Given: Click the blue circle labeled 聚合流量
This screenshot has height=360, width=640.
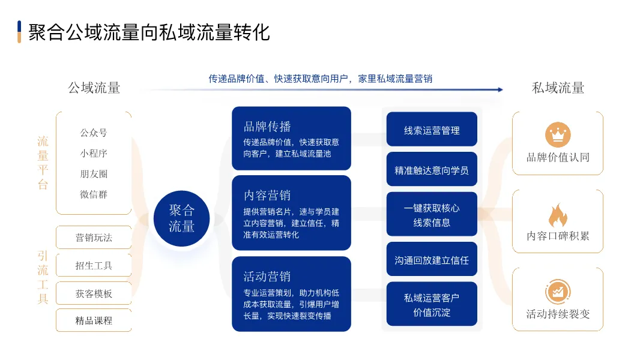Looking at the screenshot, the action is point(182,218).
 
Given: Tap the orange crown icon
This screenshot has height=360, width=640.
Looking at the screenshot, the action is point(558,134).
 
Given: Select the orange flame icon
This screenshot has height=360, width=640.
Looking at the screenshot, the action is point(558,215).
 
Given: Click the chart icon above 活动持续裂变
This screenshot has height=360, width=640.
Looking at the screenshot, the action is point(558,292).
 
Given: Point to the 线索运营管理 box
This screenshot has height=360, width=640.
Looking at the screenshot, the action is point(432,129).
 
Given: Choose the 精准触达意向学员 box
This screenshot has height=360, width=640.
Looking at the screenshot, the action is point(432,169).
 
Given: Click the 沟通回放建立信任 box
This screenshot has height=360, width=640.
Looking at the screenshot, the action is point(432,259).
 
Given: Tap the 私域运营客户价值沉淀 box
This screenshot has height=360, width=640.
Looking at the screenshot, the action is point(432,304).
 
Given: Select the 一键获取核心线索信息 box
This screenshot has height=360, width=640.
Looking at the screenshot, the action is point(432,214).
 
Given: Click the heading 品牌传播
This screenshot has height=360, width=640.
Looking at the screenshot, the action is point(267,127).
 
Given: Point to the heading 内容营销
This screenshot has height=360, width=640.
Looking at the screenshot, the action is point(267,196).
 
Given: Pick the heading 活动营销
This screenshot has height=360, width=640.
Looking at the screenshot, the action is point(267,277).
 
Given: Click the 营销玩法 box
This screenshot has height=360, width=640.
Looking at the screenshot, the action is point(94,237).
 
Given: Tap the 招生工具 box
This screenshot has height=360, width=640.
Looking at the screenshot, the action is point(94,265).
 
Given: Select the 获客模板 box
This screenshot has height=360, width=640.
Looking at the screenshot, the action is point(94,293).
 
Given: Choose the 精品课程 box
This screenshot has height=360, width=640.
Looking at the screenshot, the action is point(94,320).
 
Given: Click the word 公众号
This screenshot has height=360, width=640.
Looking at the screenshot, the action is point(94,133).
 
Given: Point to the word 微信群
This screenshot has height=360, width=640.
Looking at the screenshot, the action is point(94,194).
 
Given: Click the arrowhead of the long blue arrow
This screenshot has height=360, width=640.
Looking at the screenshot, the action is point(500,89).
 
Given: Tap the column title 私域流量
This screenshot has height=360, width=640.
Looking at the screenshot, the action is point(558,88).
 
